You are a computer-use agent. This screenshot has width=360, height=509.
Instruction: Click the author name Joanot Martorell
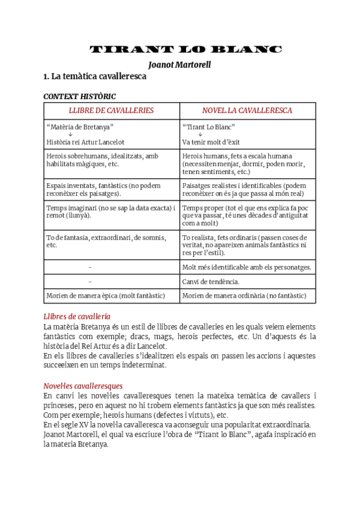179,64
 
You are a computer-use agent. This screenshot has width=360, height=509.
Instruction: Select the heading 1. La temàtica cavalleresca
95,77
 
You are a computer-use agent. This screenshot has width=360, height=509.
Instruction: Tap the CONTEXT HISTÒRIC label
80,96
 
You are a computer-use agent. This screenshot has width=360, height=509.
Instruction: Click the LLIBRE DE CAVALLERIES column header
111,110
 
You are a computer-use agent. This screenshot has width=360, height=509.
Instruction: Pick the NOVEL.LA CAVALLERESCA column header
247,110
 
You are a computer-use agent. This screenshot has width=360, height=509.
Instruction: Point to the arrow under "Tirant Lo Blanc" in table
200,134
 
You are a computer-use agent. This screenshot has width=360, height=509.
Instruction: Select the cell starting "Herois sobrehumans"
111,160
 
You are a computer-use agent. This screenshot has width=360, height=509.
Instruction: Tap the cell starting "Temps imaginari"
111,211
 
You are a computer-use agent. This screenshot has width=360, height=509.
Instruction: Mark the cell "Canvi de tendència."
247,282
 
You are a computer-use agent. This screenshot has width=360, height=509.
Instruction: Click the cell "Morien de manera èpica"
111,296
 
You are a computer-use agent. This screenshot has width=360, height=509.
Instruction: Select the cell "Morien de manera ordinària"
247,296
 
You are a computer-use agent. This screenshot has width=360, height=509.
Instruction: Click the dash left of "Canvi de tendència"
90,282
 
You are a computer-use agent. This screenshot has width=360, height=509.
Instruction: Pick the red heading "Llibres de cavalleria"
77,316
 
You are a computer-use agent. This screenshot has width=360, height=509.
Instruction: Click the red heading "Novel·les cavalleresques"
83,386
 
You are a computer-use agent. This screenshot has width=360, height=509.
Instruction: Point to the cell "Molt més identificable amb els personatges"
247,267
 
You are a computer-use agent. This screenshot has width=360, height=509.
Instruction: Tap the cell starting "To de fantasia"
111,241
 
